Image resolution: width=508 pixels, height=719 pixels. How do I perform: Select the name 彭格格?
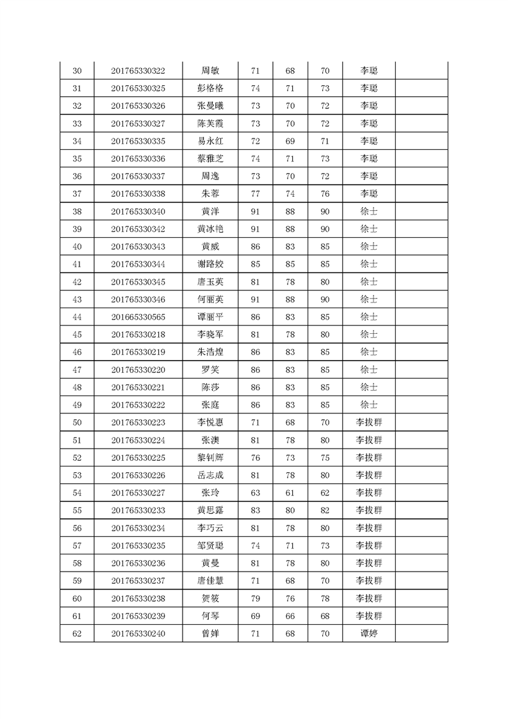pyautogui.click(x=210, y=88)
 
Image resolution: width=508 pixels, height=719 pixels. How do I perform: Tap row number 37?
pyautogui.click(x=77, y=194)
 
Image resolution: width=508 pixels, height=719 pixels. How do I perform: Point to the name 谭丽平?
pyautogui.click(x=210, y=317)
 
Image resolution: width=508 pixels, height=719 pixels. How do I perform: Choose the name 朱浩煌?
pyautogui.click(x=210, y=352)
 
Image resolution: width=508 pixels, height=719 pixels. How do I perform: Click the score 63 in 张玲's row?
pyautogui.click(x=255, y=492)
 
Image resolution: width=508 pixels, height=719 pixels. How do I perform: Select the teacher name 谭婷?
pyautogui.click(x=369, y=633)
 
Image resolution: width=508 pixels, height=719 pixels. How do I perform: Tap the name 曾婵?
pyautogui.click(x=210, y=633)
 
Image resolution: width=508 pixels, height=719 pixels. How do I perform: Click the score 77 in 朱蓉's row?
pyautogui.click(x=255, y=194)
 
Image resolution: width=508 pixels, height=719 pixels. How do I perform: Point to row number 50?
pyautogui.click(x=77, y=422)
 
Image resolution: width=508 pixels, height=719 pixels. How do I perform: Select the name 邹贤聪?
pyautogui.click(x=210, y=545)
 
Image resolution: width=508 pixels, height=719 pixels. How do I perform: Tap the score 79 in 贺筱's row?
pyautogui.click(x=255, y=598)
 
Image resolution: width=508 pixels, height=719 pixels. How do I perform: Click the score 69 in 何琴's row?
pyautogui.click(x=255, y=616)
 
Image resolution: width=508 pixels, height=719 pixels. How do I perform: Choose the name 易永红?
pyautogui.click(x=210, y=141)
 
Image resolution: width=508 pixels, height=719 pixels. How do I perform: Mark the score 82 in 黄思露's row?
pyautogui.click(x=325, y=510)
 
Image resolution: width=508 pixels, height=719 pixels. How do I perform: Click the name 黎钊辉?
pyautogui.click(x=210, y=458)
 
